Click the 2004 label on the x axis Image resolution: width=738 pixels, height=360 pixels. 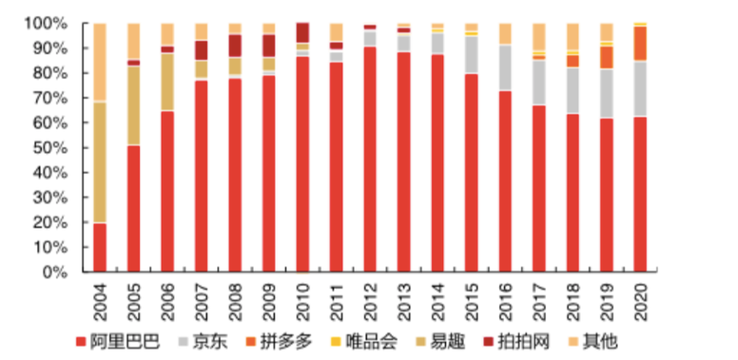coord(100,297)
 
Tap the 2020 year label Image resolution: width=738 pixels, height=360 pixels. coord(641,297)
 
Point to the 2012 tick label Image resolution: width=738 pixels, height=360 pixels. coord(370,297)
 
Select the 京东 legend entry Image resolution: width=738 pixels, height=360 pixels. coord(206,341)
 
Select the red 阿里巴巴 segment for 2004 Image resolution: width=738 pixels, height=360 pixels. coord(100,248)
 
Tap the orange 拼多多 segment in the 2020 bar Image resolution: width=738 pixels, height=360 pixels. coord(641,43)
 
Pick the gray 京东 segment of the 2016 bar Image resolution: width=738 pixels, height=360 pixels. coord(505,68)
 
